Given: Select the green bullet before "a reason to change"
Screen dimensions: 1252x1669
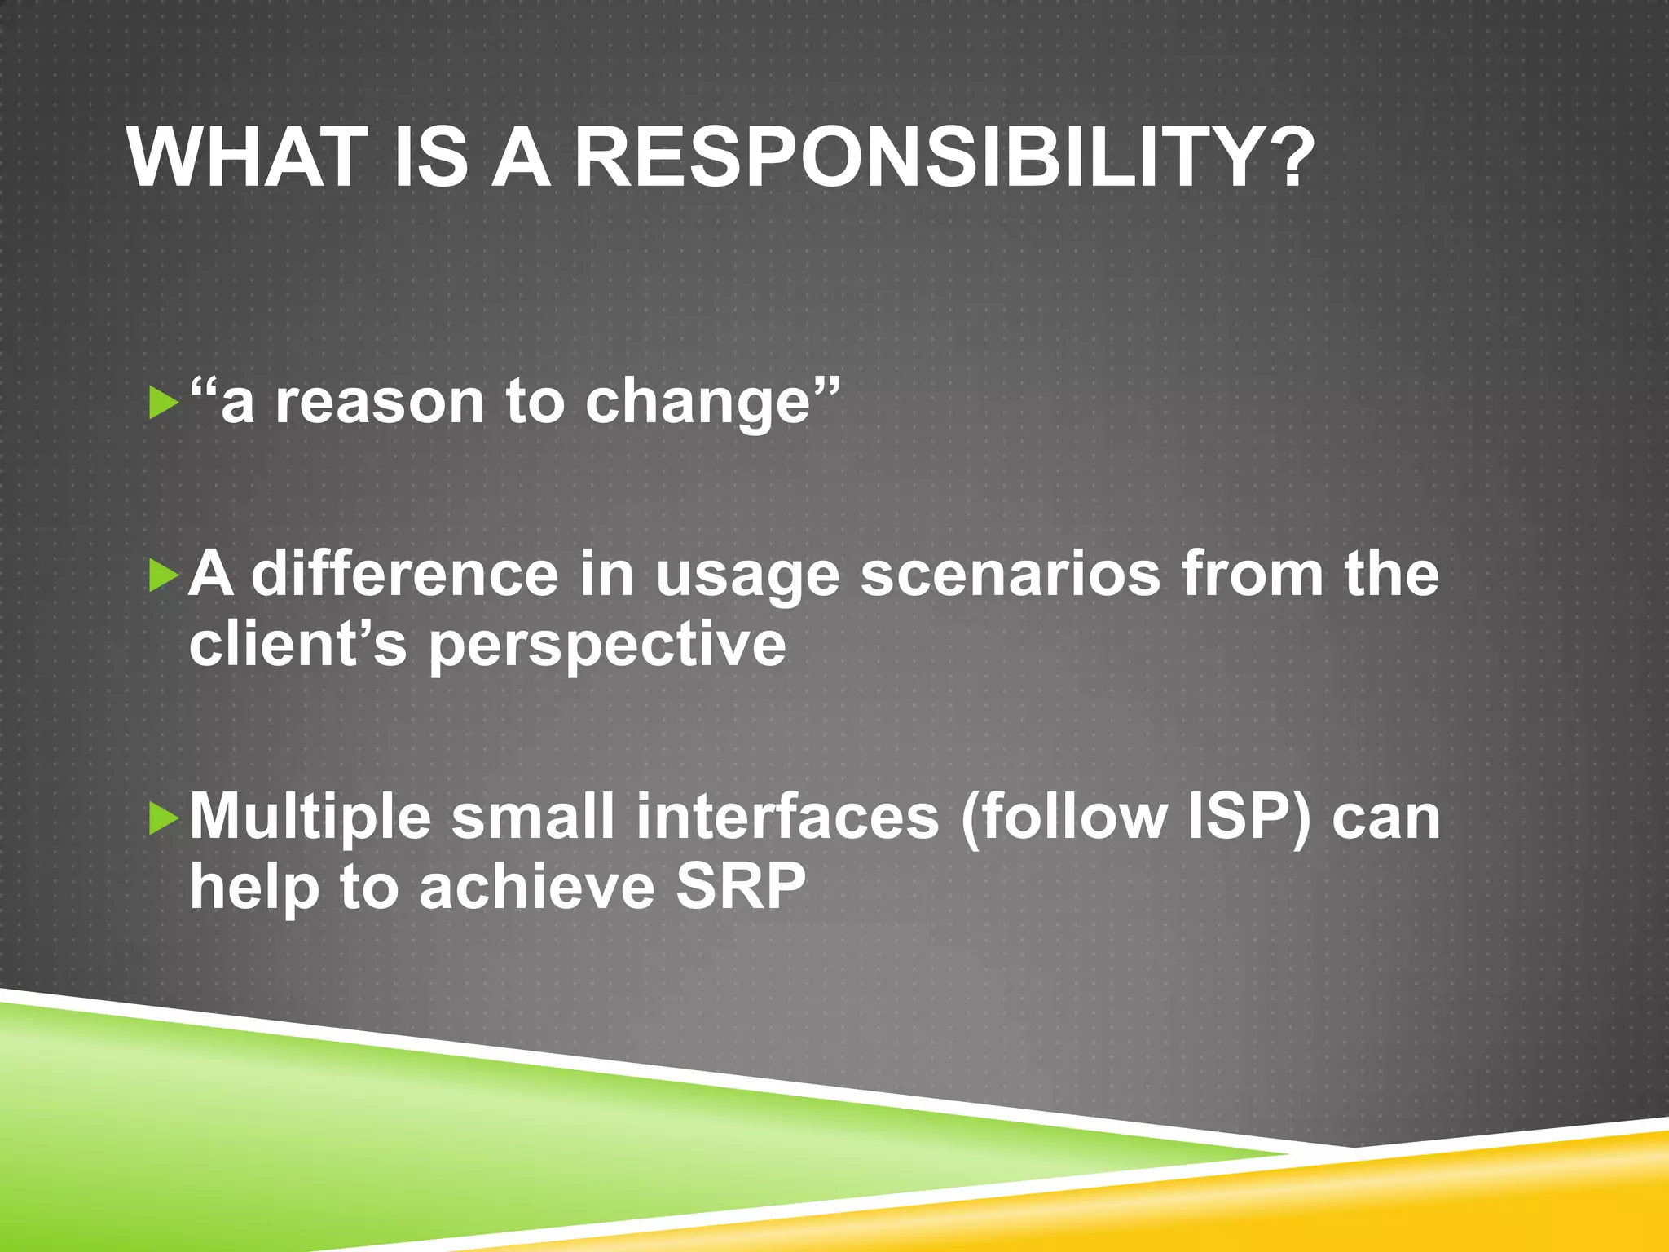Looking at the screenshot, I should (164, 403).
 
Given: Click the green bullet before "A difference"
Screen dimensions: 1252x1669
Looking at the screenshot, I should (164, 576).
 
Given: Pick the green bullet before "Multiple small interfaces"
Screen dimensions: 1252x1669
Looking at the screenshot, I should (164, 818).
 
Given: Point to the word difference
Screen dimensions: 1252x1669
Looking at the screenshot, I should (404, 574).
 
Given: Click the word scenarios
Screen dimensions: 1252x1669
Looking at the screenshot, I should (1010, 574).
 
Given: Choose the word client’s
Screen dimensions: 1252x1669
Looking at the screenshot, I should (297, 644).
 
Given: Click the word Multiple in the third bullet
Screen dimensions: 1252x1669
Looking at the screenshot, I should (310, 818).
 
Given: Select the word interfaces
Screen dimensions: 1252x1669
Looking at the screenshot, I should (787, 817).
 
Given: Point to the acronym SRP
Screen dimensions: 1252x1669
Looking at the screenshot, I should (741, 887).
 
